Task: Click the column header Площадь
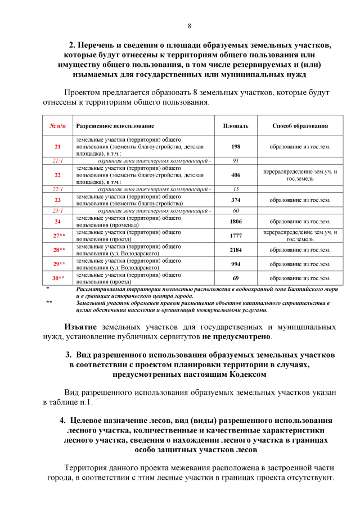coord(232,125)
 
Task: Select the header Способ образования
coord(300,125)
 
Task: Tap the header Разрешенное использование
coord(115,125)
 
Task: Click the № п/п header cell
coord(57,125)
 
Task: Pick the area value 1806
coord(236,222)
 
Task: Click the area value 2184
coord(236,250)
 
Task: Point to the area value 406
coord(236,175)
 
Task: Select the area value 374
coord(236,200)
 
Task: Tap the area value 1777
coord(236,236)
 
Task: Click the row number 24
coord(57,222)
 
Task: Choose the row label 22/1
coord(57,189)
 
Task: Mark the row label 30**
coord(58,278)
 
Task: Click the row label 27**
coord(58,236)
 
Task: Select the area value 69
coord(236,278)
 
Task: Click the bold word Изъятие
coord(80,327)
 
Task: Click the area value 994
coord(236,264)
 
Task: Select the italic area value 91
coord(236,161)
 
